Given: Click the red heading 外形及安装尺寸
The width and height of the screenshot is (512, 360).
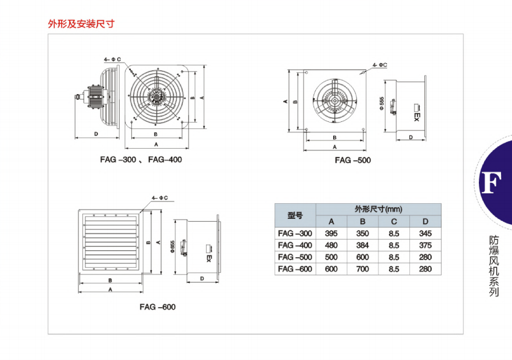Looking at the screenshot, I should (x=81, y=24).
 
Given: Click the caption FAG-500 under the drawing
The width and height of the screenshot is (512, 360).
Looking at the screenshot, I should (x=352, y=160).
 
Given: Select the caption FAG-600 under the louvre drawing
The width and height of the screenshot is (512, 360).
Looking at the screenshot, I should (x=157, y=307).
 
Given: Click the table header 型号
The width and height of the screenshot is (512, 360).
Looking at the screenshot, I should (x=295, y=215).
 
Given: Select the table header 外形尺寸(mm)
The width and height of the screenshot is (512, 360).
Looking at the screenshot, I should (x=378, y=209).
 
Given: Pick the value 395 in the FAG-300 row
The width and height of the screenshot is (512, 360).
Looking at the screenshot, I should (x=331, y=233).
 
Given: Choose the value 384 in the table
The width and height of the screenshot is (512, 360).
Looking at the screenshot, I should (x=362, y=245).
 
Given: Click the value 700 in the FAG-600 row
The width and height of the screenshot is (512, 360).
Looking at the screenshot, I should (x=362, y=269).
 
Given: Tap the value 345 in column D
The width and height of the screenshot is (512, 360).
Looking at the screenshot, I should (x=425, y=233).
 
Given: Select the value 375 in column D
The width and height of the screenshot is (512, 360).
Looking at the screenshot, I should (x=425, y=245).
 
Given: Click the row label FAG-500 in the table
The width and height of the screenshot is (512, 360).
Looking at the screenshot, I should (x=295, y=257).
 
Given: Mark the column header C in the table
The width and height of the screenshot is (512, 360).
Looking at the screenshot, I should (x=394, y=221).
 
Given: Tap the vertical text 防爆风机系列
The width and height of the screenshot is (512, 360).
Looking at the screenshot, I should (x=493, y=266).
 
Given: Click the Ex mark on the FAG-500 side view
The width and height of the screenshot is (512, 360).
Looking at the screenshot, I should (x=416, y=114).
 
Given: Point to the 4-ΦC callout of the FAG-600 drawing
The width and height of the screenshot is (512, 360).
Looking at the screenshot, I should (x=160, y=198).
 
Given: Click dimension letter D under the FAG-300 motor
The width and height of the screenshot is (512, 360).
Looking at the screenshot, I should (x=96, y=134).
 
